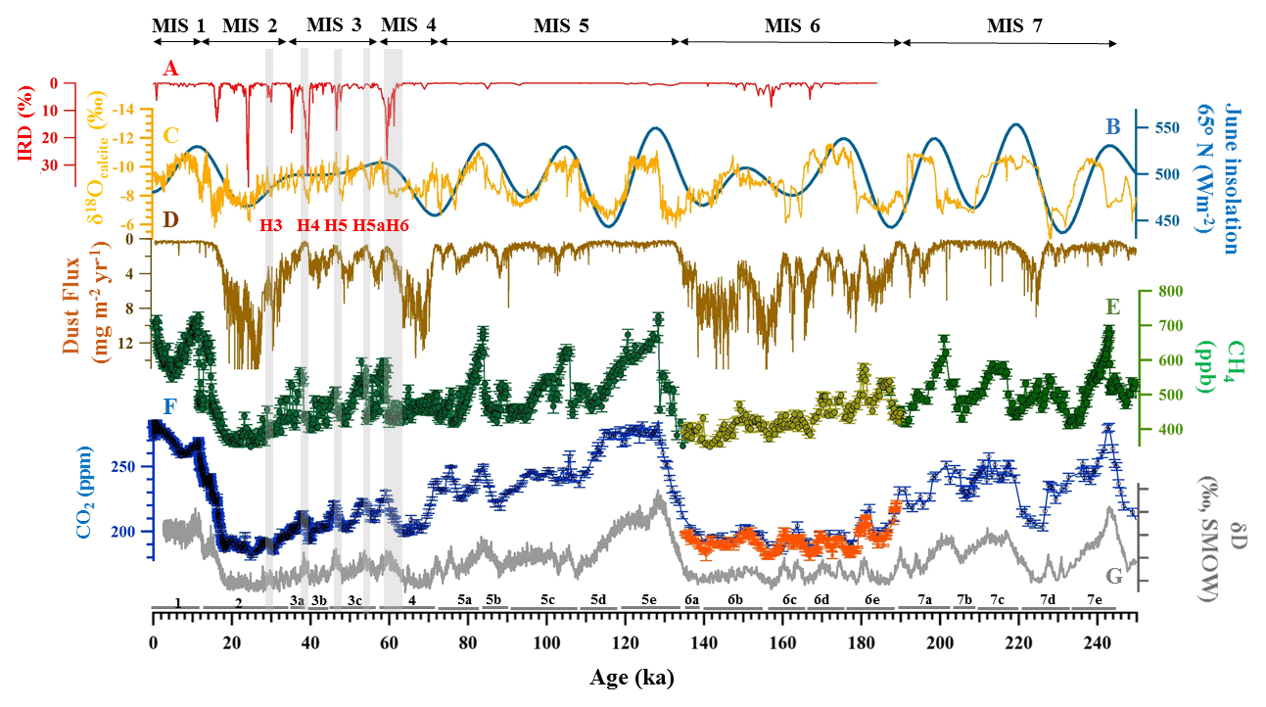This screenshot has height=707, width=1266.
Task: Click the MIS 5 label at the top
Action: tap(561, 26)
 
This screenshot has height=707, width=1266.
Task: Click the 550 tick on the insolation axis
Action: tap(1162, 128)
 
